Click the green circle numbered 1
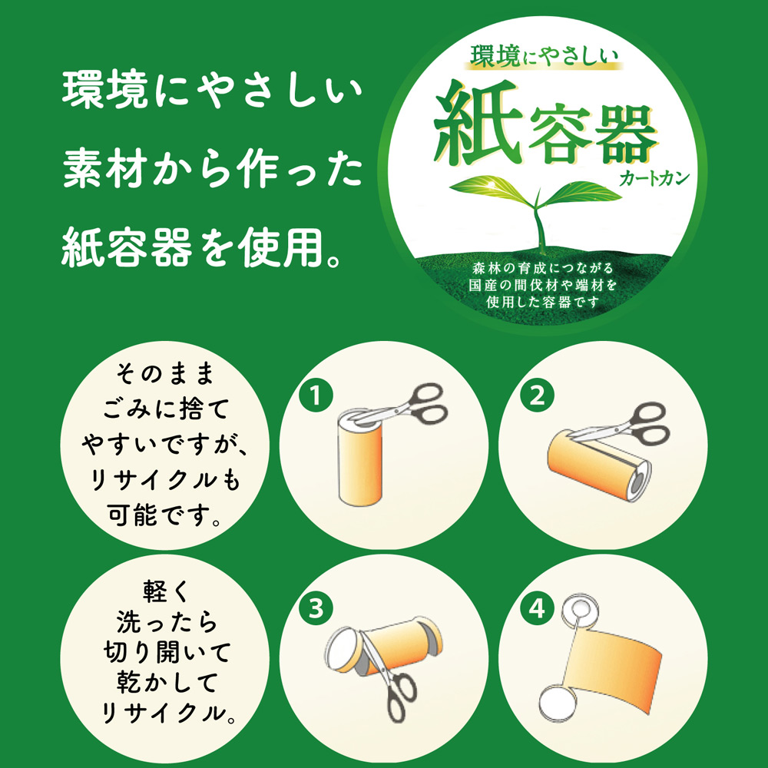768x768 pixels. [316, 396]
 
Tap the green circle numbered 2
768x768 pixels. [538, 396]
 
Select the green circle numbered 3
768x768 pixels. [316, 609]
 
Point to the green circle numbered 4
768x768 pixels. [538, 609]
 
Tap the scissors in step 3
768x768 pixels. [389, 678]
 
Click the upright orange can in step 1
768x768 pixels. [360, 456]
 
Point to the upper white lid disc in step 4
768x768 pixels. [578, 610]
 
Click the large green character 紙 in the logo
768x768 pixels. [475, 122]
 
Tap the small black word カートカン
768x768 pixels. [654, 178]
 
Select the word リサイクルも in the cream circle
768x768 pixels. [165, 480]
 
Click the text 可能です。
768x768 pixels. [165, 515]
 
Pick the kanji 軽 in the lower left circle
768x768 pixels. [155, 591]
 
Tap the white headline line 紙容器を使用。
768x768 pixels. [201, 247]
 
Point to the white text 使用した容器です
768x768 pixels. [543, 302]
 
